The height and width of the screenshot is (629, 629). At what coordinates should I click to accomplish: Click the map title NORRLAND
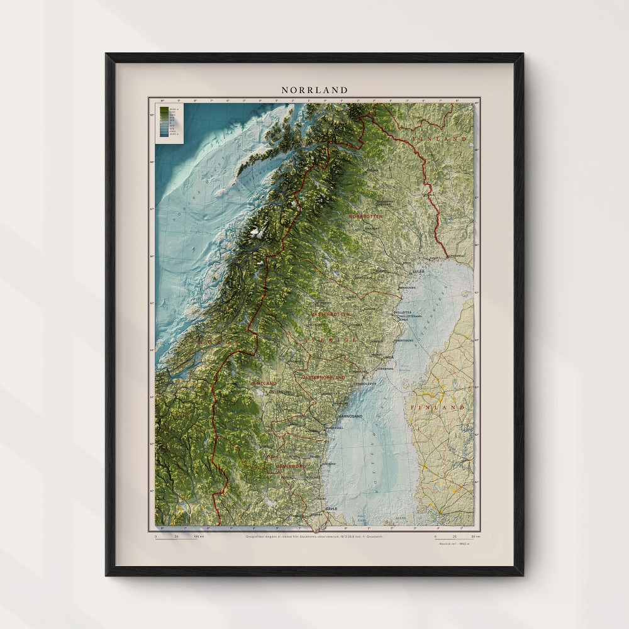pos(314,90)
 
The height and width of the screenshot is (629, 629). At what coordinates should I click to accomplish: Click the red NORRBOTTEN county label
pos(365,216)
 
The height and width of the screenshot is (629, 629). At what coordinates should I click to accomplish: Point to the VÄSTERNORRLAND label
pos(324,377)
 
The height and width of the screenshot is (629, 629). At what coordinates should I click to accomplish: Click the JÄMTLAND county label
pos(264,382)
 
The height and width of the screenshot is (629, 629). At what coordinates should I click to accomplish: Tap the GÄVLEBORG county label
pos(290,466)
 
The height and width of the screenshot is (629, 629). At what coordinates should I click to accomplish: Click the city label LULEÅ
pos(418,271)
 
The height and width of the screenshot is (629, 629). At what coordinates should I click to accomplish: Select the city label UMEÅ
pos(388,357)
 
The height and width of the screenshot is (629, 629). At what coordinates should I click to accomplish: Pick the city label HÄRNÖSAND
pos(351,416)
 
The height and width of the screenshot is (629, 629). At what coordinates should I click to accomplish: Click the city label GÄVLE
pos(331,508)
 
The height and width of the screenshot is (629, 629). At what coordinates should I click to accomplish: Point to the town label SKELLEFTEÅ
pos(402,312)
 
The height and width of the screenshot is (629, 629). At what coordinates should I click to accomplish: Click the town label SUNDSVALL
pos(333,427)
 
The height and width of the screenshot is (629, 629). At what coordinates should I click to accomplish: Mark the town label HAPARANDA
pos(457,257)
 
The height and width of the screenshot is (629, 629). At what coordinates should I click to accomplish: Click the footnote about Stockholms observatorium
pos(314,536)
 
